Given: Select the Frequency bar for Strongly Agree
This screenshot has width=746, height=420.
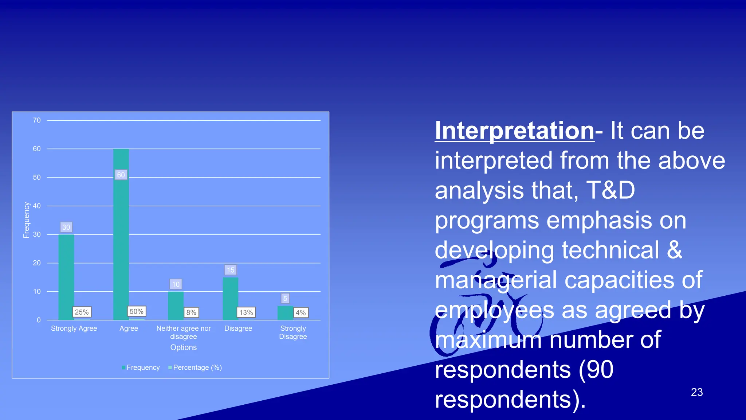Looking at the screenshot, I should (66, 277).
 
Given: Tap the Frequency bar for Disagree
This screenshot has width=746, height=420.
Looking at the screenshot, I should (231, 299).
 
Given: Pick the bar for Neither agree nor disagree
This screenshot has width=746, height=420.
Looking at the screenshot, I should (176, 306).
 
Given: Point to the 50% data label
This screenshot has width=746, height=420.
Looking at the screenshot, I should (137, 311).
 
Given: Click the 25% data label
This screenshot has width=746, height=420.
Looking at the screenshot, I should (82, 312).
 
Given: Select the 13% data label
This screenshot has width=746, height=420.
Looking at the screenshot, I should (246, 312).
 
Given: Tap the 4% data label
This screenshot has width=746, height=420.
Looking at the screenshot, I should (301, 312).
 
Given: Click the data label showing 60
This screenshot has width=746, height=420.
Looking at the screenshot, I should (121, 175).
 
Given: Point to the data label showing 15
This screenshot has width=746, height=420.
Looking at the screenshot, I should (231, 270).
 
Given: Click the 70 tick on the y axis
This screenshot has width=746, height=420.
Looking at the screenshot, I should (37, 120).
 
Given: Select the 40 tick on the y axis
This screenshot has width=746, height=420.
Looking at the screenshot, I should (37, 206).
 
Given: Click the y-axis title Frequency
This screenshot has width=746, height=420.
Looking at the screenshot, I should (26, 220).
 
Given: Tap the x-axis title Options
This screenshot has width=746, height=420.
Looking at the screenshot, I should (184, 347).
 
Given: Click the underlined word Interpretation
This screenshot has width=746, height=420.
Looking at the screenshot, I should (514, 131).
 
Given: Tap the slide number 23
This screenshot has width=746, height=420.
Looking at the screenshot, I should (696, 392).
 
